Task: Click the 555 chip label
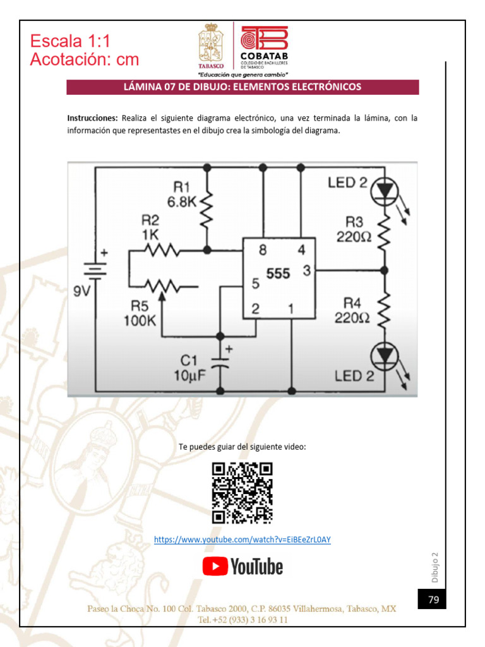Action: (278, 274)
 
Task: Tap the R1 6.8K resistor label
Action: (182, 195)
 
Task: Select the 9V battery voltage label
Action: (82, 291)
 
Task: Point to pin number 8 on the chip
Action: (263, 250)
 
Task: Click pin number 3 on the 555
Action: (307, 271)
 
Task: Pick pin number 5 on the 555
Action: (255, 284)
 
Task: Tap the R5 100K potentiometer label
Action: (140, 313)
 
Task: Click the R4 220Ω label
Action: (352, 310)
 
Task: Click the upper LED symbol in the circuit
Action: (384, 189)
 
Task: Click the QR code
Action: (242, 493)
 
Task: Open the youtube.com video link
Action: (242, 540)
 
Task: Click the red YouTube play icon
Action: (215, 566)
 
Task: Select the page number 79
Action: (433, 600)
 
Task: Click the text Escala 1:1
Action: (70, 42)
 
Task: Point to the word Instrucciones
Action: (92, 118)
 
